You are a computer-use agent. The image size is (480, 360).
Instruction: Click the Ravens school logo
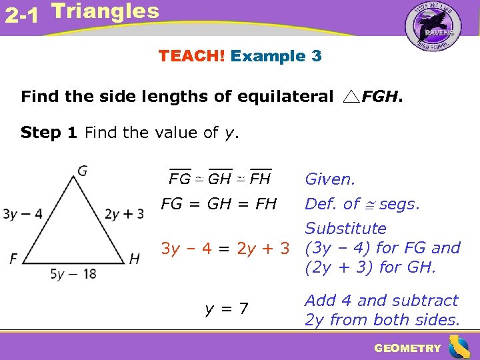point(433,30)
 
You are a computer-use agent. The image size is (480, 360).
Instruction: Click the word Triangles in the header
point(105,11)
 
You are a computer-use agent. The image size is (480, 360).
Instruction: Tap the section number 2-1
point(21,15)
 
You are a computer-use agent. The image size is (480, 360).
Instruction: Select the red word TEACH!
point(191,56)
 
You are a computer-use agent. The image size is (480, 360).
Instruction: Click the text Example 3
point(276,56)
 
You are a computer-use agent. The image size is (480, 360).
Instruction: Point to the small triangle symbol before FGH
point(351,97)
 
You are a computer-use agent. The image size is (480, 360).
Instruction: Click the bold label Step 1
point(49,133)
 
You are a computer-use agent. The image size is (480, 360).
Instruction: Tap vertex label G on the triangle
point(82,171)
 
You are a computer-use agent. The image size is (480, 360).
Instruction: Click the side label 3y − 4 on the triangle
point(23,214)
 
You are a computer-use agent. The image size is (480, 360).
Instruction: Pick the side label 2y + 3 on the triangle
point(124,214)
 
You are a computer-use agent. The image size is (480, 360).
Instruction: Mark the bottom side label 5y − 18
point(73,273)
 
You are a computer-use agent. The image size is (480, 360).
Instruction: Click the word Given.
point(330,179)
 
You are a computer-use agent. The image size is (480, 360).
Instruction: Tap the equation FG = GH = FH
point(219,204)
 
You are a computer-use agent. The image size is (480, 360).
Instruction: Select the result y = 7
point(227,309)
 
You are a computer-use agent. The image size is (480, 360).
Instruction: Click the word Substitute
point(345,229)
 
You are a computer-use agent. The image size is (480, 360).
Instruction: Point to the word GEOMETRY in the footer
point(407,348)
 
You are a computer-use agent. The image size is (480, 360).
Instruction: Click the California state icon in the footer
point(459,347)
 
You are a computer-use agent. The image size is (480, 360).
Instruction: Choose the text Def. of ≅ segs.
point(362,204)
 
